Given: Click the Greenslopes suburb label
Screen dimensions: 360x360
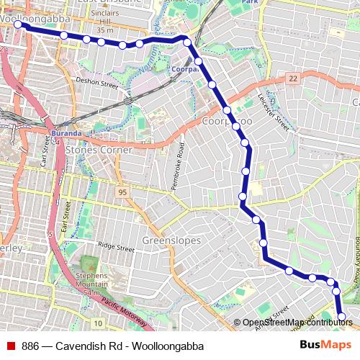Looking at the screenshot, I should [x=171, y=240].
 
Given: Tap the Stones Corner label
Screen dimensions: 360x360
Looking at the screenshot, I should [x=99, y=150].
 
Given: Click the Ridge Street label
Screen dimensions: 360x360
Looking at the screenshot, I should [x=116, y=246].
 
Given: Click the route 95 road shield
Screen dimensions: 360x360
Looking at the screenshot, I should [x=122, y=192].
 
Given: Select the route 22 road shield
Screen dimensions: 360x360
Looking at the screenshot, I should [x=292, y=78].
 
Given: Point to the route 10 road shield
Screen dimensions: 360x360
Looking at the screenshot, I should [x=97, y=323].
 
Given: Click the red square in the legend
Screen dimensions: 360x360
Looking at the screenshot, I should [x=10, y=346].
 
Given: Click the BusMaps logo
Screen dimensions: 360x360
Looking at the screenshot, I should [x=325, y=345].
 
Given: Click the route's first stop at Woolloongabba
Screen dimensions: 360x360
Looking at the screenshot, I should [x=19, y=24].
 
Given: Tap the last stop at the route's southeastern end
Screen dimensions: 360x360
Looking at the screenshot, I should [x=341, y=316].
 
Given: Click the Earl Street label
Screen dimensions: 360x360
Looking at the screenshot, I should [x=67, y=215].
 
